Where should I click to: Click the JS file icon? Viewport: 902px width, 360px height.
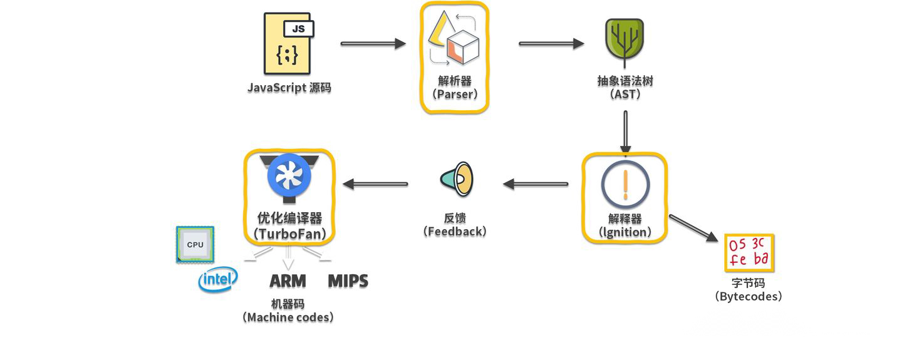click(288, 44)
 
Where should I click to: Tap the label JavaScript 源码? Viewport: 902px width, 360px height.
click(289, 87)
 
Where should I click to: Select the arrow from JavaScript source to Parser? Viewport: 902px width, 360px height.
click(373, 44)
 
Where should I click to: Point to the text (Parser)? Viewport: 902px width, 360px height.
click(454, 95)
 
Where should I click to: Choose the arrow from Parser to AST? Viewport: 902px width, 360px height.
click(551, 44)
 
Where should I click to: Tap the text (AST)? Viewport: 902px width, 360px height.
click(625, 95)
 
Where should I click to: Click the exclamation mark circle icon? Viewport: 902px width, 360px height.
click(625, 185)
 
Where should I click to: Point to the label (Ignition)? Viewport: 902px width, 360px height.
click(625, 232)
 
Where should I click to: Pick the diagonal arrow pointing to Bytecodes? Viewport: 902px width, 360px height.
click(693, 228)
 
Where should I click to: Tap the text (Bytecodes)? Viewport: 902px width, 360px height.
click(749, 297)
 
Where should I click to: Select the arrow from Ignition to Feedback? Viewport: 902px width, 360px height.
click(536, 184)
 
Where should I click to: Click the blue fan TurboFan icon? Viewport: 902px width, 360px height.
click(289, 176)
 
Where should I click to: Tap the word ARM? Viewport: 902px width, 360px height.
click(288, 281)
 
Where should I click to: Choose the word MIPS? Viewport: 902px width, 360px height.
click(348, 281)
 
